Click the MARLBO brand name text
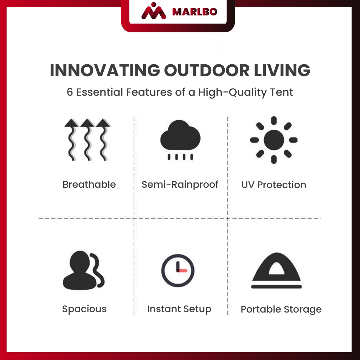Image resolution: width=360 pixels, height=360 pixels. [194, 12]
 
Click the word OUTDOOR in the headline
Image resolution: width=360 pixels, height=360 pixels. [207, 70]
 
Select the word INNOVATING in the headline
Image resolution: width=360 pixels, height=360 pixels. [105, 70]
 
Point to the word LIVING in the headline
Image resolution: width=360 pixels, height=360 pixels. [282, 70]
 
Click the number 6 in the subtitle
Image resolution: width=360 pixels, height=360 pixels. [70, 92]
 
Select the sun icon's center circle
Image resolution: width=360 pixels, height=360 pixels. [274, 140]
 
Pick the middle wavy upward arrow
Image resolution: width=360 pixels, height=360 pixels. [87, 140]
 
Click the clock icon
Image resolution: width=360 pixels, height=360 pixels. [178, 270]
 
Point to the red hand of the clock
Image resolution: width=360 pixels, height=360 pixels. [182, 271]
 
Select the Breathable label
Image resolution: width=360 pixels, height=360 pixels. [89, 185]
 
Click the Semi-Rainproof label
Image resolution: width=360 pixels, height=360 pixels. [180, 185]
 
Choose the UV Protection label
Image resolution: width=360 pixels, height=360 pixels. [274, 185]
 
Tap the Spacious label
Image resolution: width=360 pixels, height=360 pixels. [84, 309]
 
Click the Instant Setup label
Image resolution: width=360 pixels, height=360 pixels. [179, 309]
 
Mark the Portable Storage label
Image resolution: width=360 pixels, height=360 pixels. [281, 309]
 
